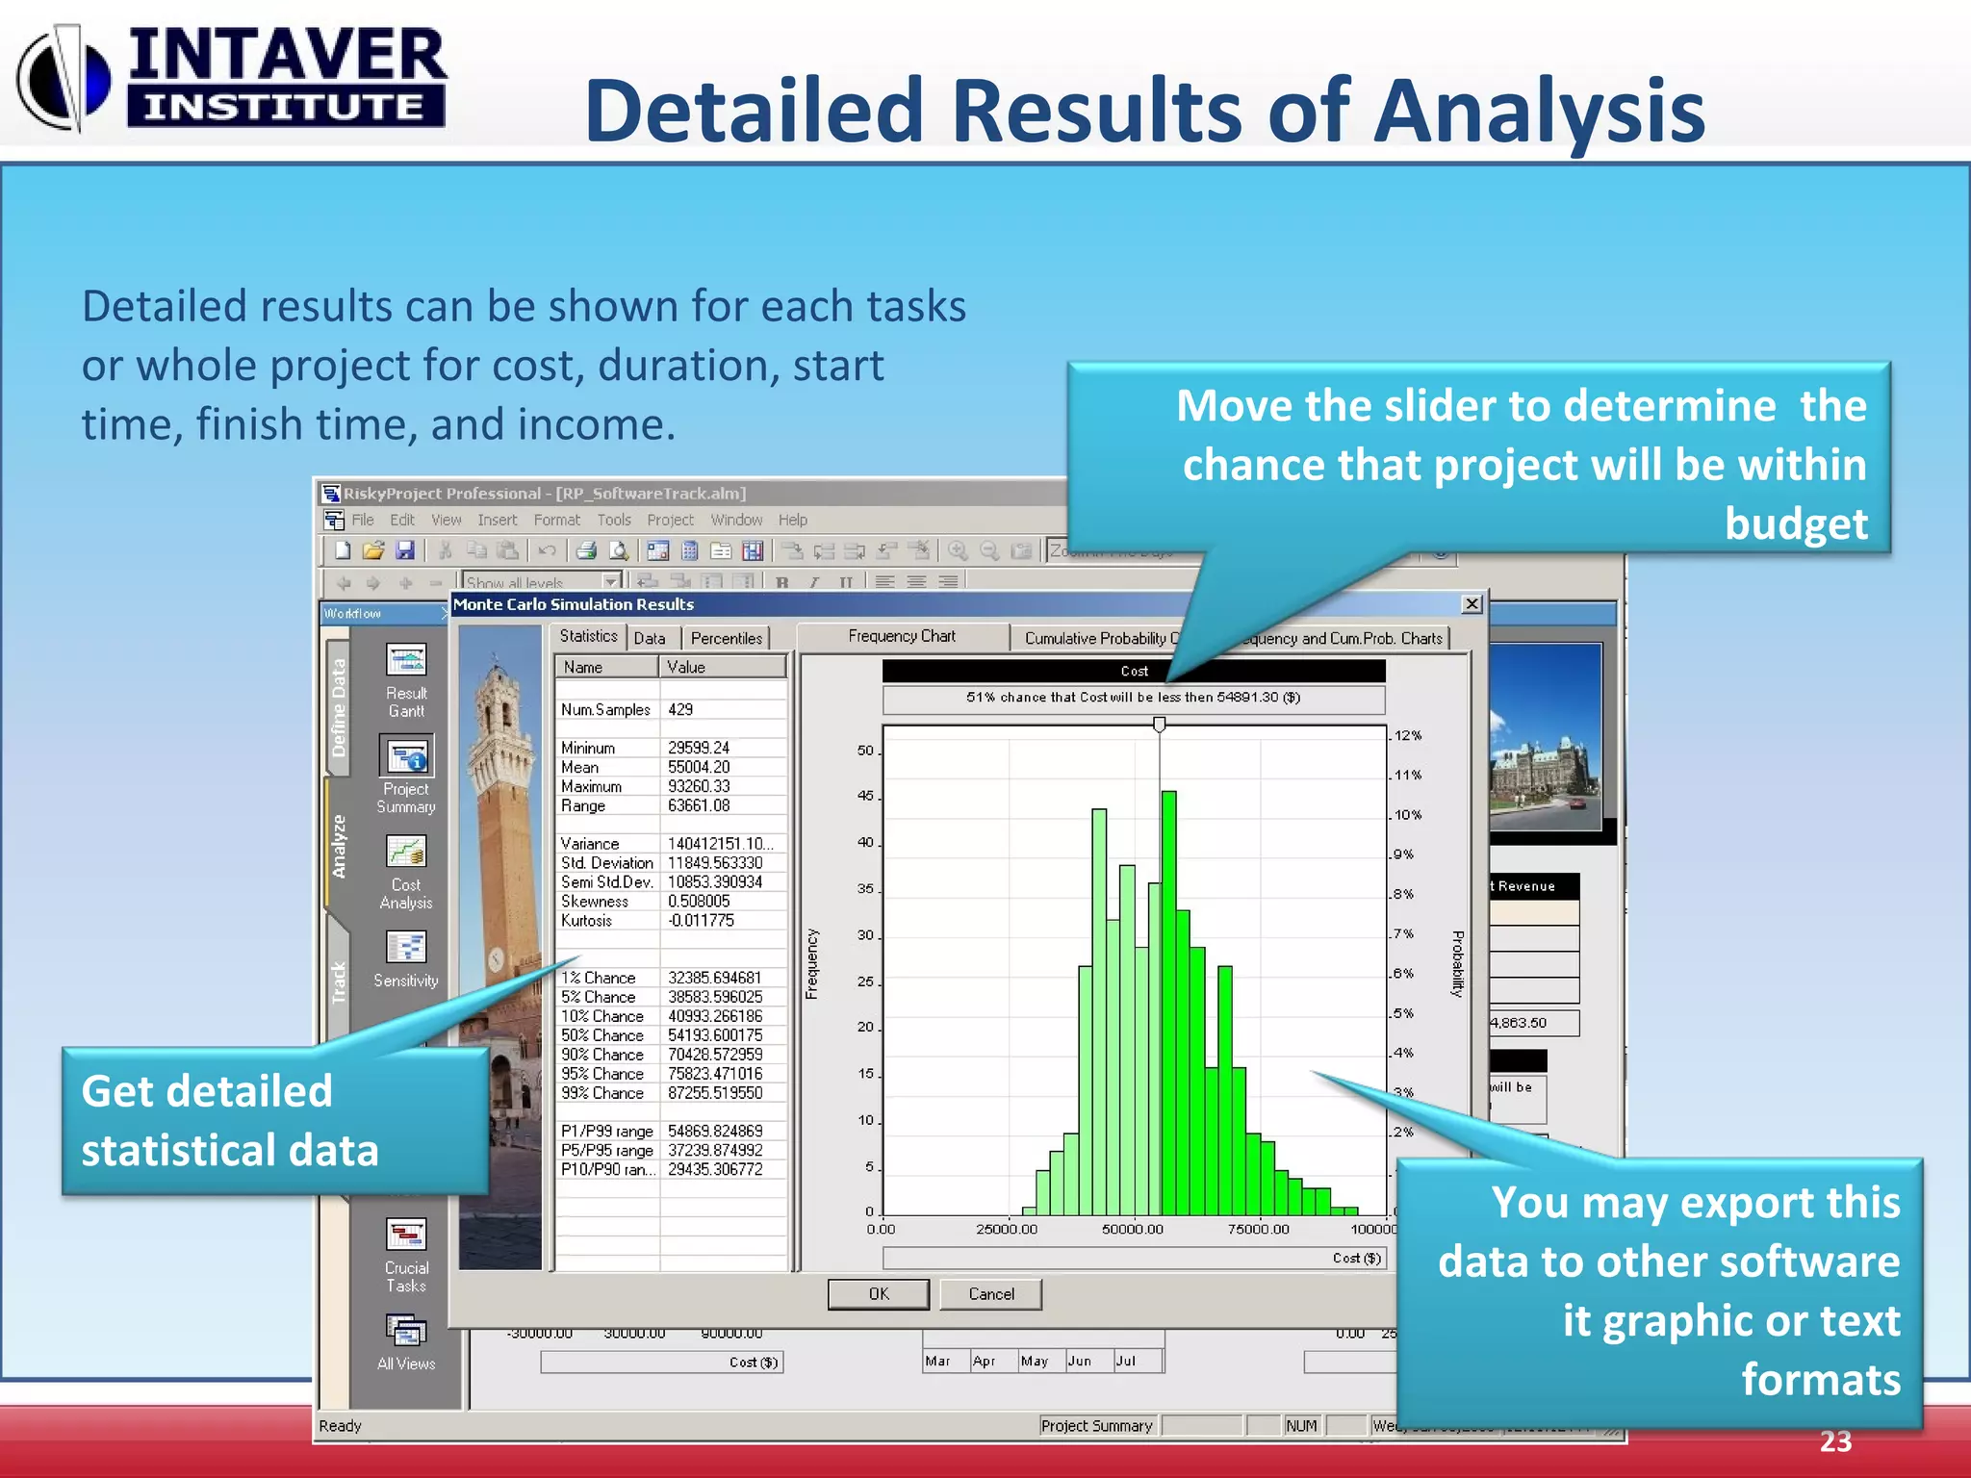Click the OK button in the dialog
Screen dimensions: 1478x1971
click(878, 1294)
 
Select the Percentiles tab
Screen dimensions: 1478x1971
click(726, 638)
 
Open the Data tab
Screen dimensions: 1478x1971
click(650, 638)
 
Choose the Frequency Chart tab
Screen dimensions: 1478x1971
click(902, 636)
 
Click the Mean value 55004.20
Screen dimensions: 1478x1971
click(699, 767)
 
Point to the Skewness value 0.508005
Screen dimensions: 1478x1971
click(699, 901)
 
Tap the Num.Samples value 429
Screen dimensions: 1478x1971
click(680, 709)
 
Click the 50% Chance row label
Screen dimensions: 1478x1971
click(603, 1035)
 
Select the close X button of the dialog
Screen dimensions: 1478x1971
click(1472, 603)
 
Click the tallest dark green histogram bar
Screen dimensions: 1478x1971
click(1168, 1001)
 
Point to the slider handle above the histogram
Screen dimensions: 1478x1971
click(1160, 725)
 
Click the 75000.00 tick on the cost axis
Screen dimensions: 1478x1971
click(1259, 1229)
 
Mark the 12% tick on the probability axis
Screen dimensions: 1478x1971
click(1407, 735)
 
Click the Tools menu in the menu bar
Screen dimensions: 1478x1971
click(614, 520)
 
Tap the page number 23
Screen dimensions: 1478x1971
click(1835, 1440)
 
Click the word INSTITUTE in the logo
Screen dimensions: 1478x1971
click(285, 107)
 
